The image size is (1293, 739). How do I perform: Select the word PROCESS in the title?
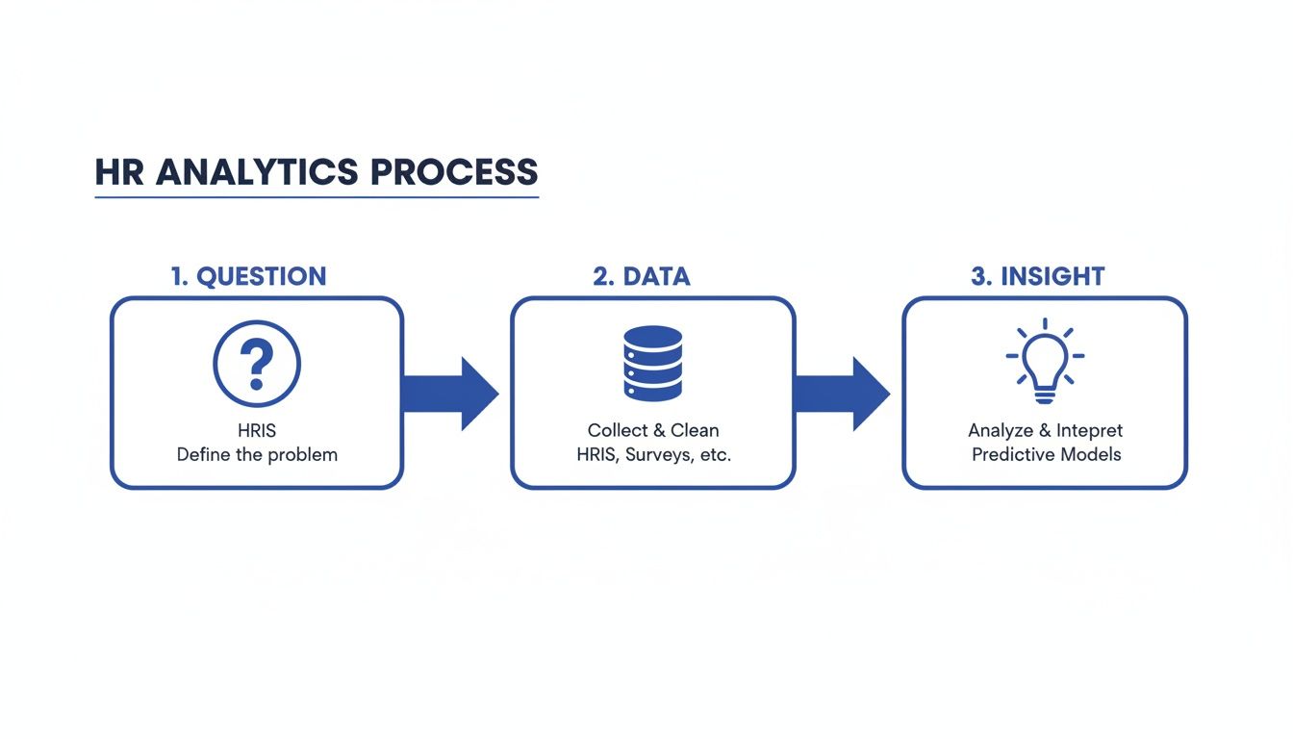454,172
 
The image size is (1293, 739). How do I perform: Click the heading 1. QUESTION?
248,277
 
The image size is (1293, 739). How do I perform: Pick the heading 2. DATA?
642,277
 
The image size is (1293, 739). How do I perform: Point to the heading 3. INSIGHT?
1038,277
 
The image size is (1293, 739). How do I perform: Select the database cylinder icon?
652,363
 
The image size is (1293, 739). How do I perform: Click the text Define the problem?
257,454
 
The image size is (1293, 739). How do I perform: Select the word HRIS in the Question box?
257,430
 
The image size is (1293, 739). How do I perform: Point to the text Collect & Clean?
653,430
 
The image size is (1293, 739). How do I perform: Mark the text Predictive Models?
1046,454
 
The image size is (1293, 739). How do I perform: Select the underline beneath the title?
317,197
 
